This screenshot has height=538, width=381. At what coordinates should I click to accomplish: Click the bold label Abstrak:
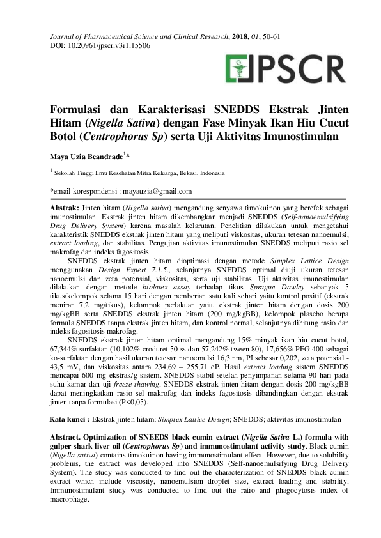tap(65, 208)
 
